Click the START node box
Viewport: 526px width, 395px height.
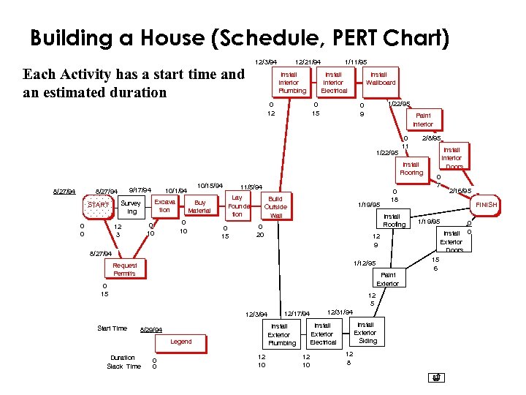coord(99,206)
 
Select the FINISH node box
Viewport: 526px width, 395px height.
coord(486,206)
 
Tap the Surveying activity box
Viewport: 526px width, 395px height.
coord(131,207)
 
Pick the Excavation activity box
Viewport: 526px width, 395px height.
coord(165,206)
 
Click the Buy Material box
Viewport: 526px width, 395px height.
coord(199,206)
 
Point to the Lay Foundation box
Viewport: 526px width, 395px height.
coord(237,206)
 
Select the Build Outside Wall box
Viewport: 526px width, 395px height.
coord(275,207)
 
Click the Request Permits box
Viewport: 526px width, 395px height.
coord(124,269)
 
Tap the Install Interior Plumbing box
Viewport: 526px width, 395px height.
coord(289,83)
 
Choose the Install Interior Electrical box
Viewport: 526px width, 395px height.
coord(333,83)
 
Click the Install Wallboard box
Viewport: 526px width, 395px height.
coord(379,78)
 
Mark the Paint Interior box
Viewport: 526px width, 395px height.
coord(423,120)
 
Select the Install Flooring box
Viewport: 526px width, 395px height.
coord(411,169)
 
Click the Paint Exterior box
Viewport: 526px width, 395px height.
coord(386,279)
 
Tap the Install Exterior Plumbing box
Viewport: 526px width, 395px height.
coord(282,334)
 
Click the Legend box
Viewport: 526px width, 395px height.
coord(180,342)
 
